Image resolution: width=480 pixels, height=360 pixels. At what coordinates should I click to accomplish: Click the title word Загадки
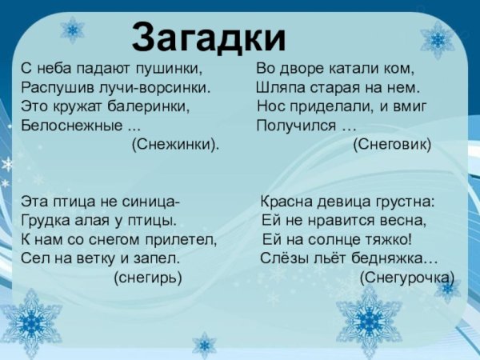click(209, 36)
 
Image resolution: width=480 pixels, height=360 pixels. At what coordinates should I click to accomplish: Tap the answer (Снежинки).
click(174, 145)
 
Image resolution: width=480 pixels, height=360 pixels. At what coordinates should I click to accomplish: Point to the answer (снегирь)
click(148, 278)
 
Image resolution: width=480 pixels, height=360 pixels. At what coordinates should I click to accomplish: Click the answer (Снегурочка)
click(406, 278)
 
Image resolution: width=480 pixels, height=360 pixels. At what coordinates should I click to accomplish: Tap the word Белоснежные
click(71, 126)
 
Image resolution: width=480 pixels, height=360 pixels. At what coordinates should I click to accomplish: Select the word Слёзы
click(280, 258)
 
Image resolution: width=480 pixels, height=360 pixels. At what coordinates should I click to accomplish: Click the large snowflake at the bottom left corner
click(31, 321)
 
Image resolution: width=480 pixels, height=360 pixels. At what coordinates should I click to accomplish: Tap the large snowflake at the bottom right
click(368, 321)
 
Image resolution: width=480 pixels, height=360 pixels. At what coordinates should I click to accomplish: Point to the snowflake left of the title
click(73, 30)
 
